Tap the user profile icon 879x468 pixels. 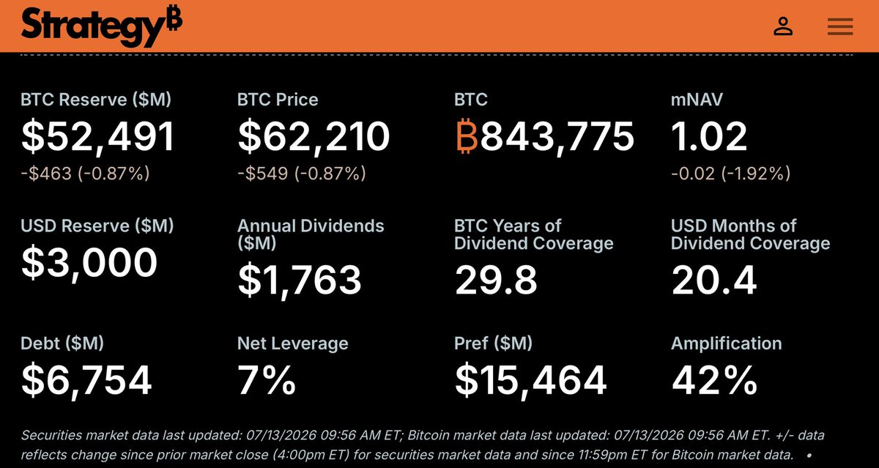(783, 26)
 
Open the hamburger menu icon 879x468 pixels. (840, 26)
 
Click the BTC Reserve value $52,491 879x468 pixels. (97, 136)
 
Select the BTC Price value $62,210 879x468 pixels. (314, 136)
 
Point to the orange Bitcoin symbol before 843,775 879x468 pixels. (467, 135)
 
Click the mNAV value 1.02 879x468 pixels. (709, 136)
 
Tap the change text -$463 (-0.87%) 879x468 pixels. (85, 174)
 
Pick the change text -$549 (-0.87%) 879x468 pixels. (301, 174)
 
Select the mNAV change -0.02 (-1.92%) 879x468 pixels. (731, 174)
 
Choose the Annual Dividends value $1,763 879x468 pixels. (300, 280)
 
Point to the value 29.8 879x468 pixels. (496, 280)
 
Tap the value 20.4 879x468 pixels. (713, 280)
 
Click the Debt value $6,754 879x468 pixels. (86, 379)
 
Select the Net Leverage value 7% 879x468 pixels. (267, 379)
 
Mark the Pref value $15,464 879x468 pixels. (530, 379)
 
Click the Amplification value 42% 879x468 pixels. (714, 379)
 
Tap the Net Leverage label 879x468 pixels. (293, 343)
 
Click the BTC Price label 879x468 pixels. (278, 100)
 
